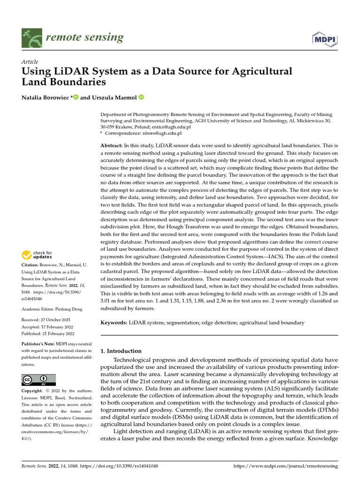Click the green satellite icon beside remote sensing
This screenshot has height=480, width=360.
click(x=31, y=37)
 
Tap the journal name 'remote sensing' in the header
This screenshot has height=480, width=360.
click(x=84, y=37)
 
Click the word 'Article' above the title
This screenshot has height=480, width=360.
click(x=30, y=62)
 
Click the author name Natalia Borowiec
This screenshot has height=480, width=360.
click(x=45, y=97)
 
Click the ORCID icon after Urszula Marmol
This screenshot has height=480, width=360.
click(x=141, y=97)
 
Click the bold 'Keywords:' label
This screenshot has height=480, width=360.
click(x=114, y=322)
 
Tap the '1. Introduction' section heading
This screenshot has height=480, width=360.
click(x=121, y=351)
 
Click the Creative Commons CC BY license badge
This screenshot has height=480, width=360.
click(x=38, y=380)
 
